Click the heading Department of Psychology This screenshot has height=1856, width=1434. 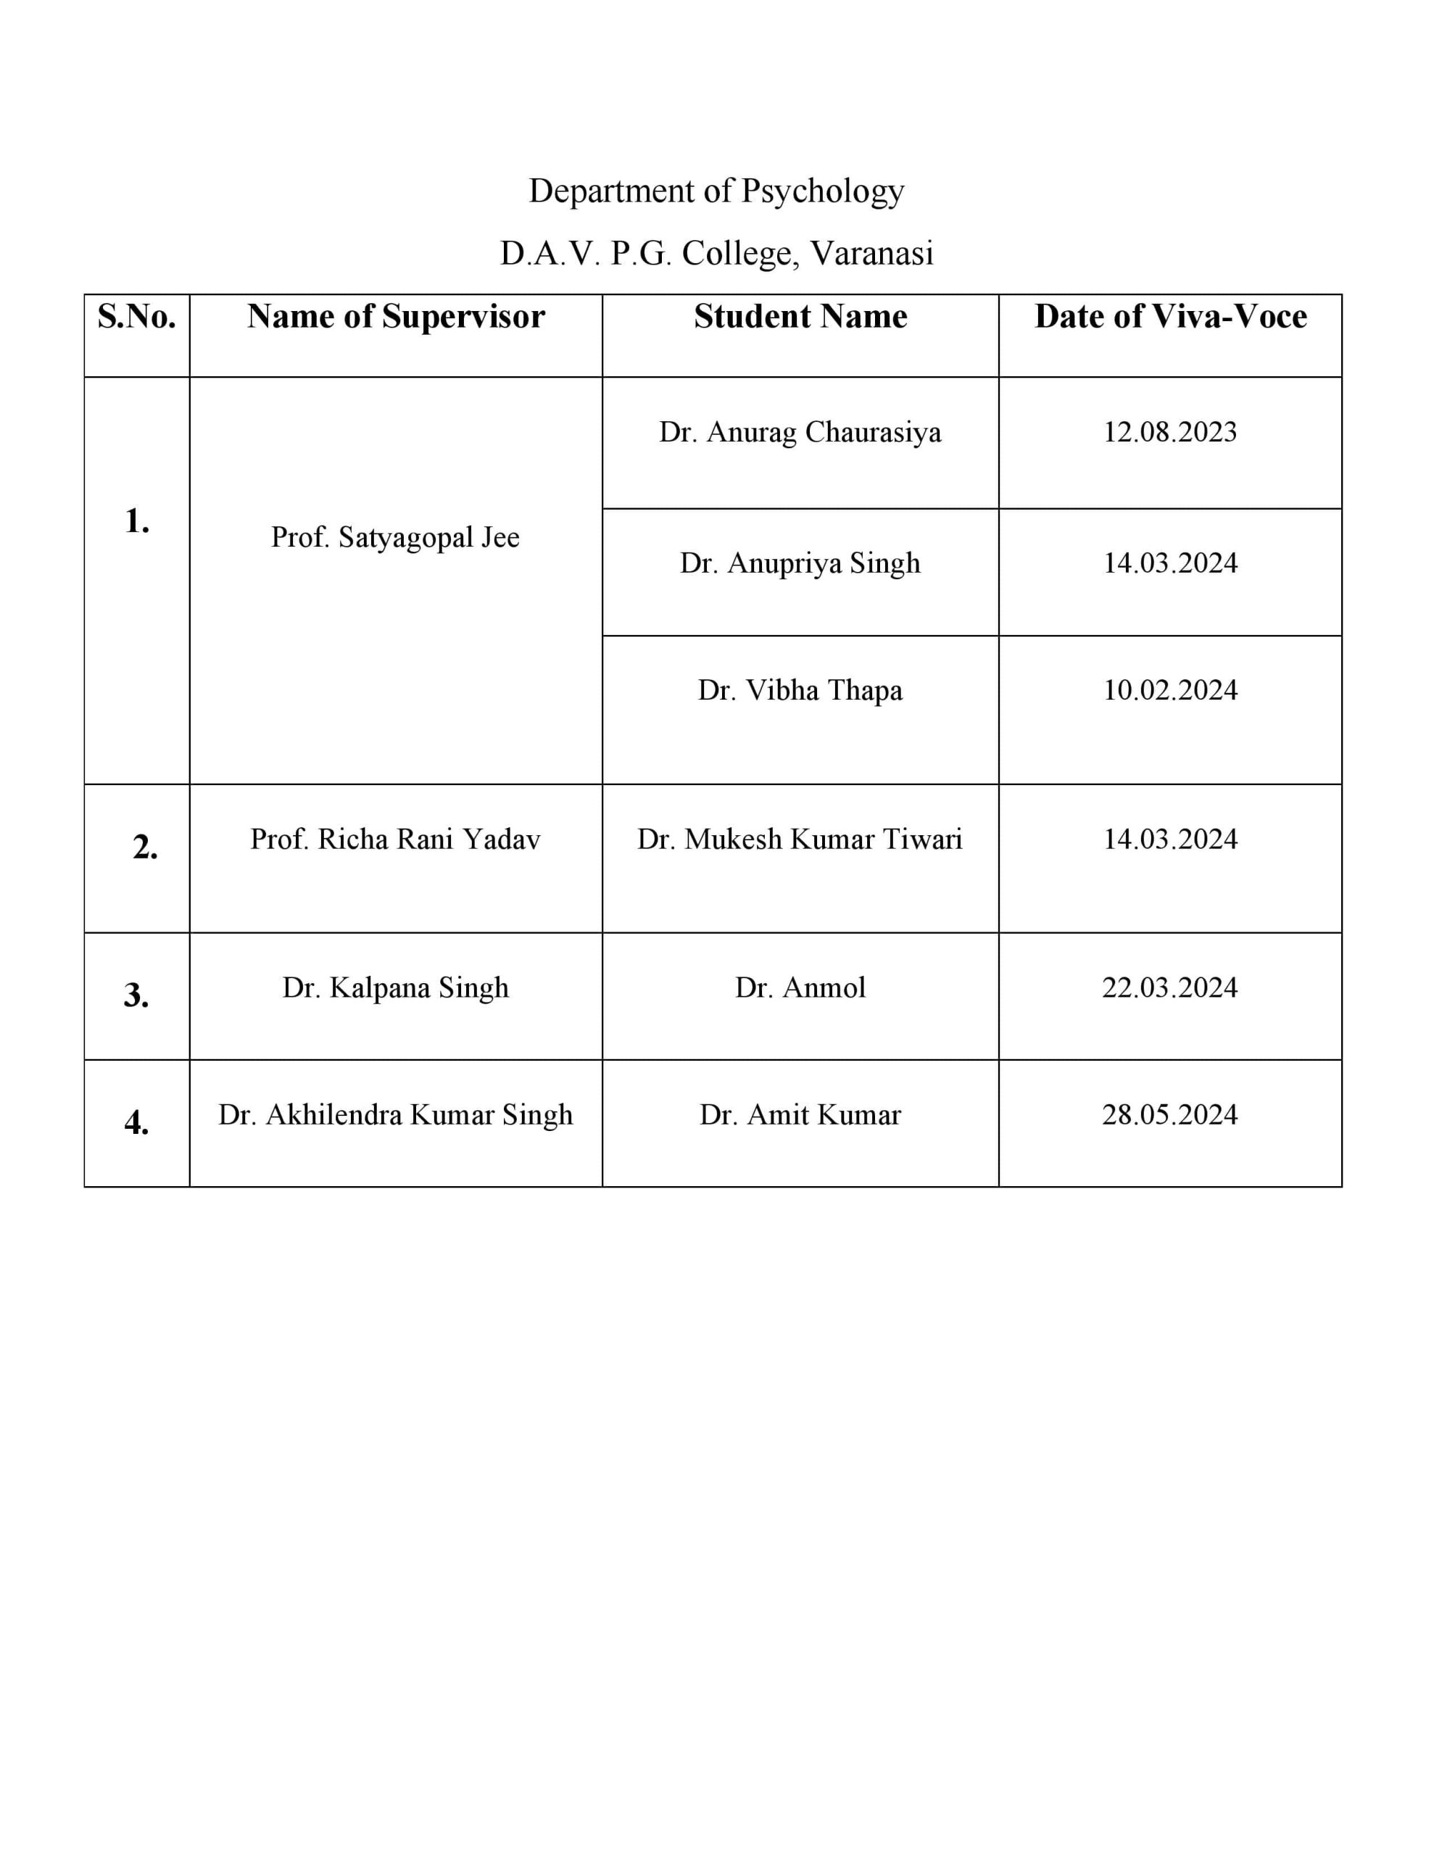click(716, 191)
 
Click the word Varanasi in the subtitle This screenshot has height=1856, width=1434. click(871, 253)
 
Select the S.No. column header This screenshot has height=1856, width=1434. click(137, 317)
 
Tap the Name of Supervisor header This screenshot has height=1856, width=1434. click(395, 317)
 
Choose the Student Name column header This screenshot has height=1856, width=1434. click(800, 317)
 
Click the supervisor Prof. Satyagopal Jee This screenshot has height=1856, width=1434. click(395, 537)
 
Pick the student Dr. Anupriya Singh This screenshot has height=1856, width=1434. click(800, 563)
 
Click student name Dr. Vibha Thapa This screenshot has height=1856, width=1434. click(800, 690)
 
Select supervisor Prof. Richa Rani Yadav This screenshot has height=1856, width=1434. click(395, 840)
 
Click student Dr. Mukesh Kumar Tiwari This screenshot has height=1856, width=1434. click(800, 840)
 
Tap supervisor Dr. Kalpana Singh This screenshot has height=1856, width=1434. click(395, 987)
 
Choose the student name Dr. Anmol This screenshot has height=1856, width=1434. click(800, 987)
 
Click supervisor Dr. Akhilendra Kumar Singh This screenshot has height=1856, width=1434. click(395, 1115)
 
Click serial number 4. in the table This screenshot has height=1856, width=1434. click(137, 1124)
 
